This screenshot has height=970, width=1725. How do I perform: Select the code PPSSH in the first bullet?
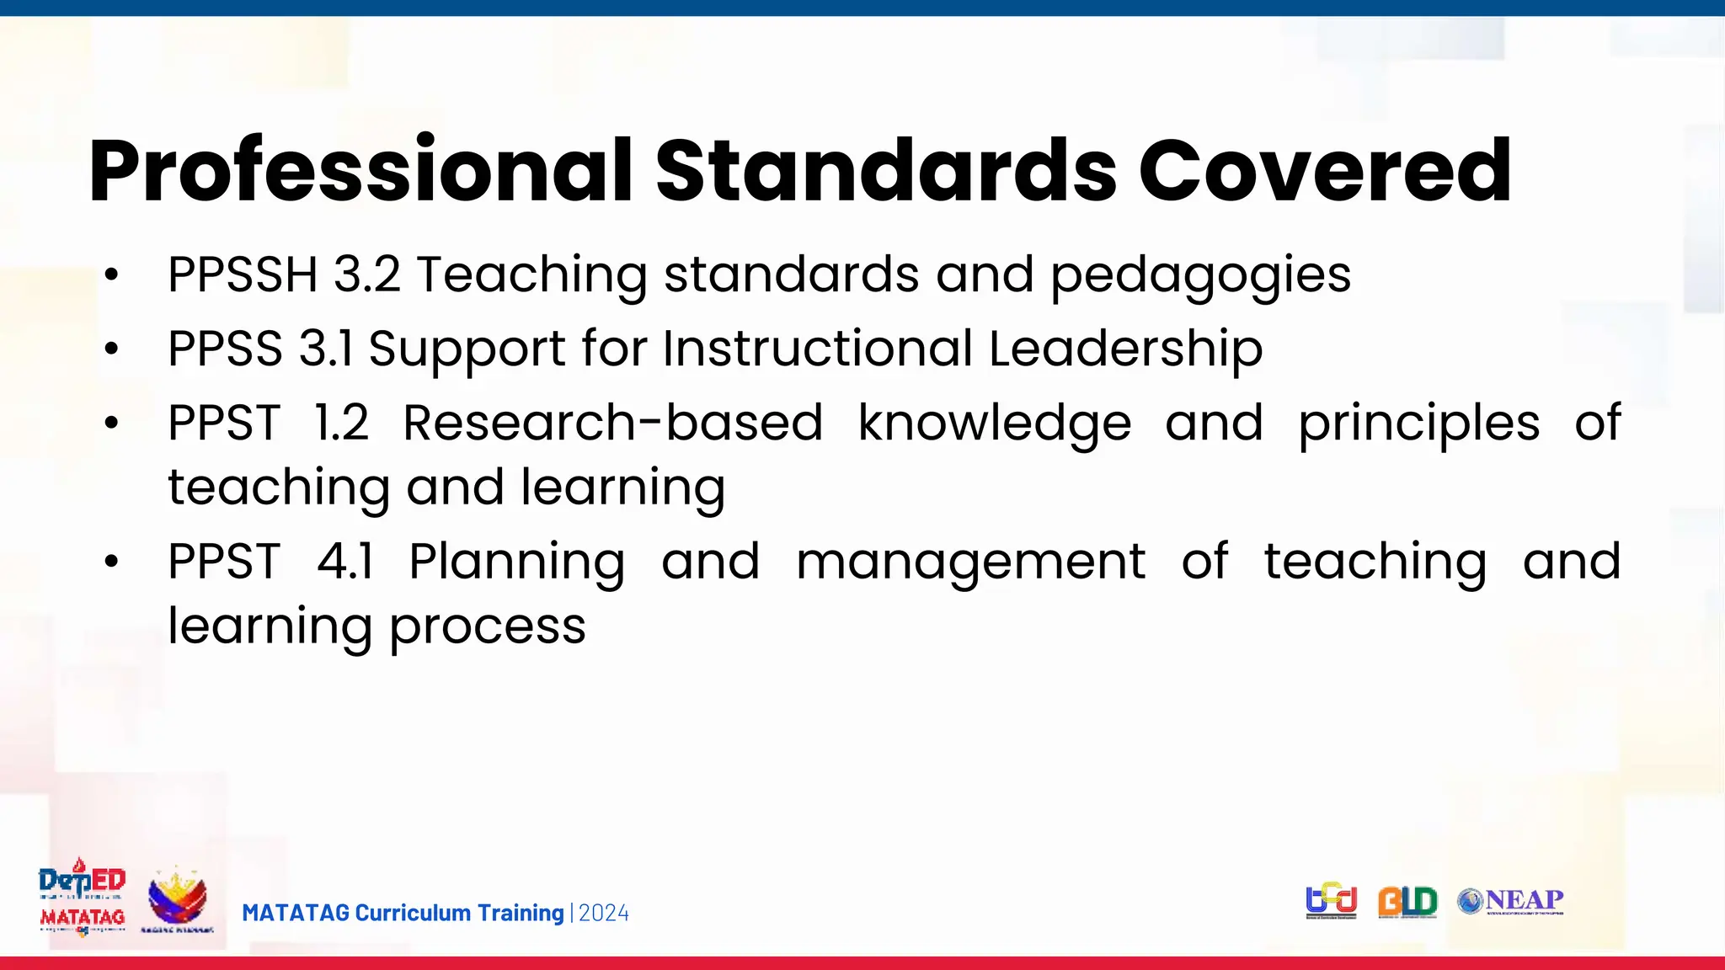(243, 274)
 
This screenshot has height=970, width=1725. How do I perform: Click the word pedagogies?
(1200, 276)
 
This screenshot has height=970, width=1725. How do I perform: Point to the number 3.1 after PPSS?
(326, 349)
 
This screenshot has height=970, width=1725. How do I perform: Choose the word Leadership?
(1125, 349)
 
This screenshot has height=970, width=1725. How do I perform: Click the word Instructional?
(818, 349)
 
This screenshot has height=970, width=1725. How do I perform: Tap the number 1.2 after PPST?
(341, 423)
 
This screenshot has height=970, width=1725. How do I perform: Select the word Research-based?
(612, 423)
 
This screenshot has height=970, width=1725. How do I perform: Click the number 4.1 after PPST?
(345, 562)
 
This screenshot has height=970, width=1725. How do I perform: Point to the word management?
(970, 562)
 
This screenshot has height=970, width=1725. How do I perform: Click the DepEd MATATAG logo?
(83, 898)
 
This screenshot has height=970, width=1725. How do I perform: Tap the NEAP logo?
(1511, 901)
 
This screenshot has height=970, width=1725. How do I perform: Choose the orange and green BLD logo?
(1407, 902)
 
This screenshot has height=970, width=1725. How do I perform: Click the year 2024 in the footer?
(604, 913)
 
